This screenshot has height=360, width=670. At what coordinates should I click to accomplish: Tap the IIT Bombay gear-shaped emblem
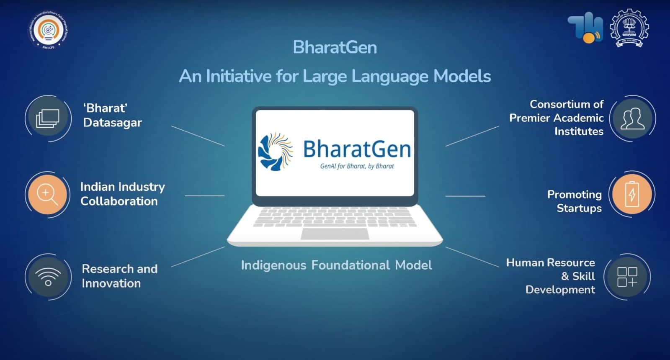(628, 28)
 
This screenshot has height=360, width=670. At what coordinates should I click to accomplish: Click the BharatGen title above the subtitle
(335, 47)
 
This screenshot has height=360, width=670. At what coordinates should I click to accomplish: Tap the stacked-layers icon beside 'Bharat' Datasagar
(48, 118)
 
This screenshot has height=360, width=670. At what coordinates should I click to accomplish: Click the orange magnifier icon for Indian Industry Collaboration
(47, 195)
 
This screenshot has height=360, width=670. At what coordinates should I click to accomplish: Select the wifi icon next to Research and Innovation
(48, 276)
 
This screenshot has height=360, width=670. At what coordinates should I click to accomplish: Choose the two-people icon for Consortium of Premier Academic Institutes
(632, 118)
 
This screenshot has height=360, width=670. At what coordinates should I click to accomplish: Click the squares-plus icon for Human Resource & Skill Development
(627, 277)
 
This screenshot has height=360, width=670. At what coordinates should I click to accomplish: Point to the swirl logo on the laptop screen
(275, 151)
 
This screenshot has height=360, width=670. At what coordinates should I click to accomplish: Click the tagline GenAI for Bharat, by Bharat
(357, 166)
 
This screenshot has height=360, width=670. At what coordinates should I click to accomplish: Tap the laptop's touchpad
(335, 234)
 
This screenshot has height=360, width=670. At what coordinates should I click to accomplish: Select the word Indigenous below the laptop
(273, 265)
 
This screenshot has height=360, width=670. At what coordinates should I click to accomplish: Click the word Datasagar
(112, 123)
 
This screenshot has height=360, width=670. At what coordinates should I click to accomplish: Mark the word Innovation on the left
(111, 283)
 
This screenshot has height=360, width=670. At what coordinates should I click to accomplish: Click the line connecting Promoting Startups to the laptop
(465, 195)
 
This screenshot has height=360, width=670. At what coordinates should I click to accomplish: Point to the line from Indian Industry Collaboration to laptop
(204, 195)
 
